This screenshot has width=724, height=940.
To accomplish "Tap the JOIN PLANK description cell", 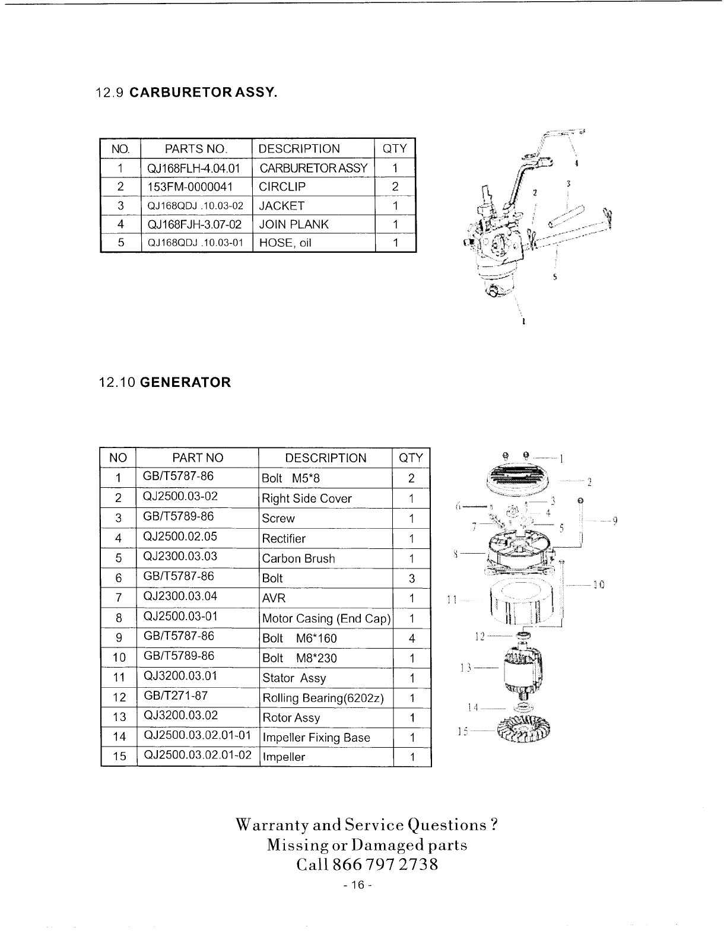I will [294, 224].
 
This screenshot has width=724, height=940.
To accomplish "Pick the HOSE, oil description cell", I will [285, 243].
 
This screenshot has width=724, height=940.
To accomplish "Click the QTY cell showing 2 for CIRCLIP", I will [395, 187].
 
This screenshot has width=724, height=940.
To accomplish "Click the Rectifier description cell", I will [284, 539].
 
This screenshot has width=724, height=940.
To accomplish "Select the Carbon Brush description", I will [299, 558].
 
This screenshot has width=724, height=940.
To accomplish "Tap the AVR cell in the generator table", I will [274, 598].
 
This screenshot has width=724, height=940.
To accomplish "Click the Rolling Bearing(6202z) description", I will [323, 698].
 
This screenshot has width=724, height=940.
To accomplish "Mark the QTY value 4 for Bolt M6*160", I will [411, 639].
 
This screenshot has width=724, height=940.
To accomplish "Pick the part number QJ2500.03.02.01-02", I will [198, 755].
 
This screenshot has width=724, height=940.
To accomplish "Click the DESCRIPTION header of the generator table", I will [326, 458].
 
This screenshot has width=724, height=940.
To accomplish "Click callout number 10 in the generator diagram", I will [598, 585].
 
